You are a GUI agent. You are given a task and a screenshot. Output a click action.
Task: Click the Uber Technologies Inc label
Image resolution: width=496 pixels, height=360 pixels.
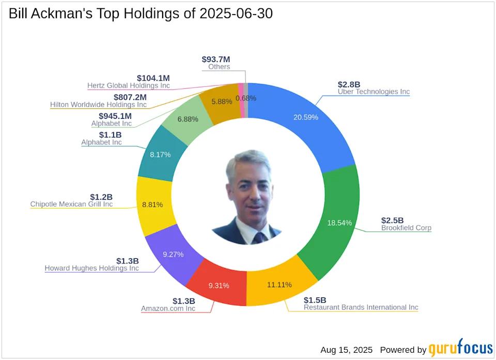374,92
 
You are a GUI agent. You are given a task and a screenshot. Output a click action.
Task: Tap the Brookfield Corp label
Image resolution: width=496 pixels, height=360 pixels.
406,228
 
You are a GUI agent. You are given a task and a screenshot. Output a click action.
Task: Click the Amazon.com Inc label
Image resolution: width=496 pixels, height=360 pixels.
168,309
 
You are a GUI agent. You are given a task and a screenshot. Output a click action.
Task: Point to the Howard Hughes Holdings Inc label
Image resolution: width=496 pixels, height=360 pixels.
91,268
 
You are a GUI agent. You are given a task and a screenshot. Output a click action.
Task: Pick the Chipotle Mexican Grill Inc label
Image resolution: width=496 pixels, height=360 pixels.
71,205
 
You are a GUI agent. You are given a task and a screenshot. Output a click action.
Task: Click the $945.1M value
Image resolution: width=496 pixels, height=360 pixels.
115,116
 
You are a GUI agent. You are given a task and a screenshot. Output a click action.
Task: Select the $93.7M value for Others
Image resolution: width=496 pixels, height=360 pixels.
216,59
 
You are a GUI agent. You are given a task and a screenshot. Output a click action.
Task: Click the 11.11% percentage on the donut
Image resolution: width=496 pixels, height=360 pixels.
279,285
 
